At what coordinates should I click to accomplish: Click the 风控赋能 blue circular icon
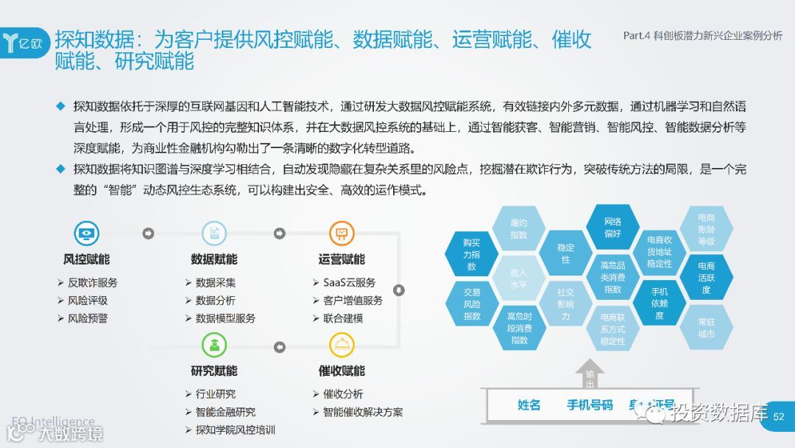click(x=86, y=234)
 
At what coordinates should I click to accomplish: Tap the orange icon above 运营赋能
click(x=341, y=234)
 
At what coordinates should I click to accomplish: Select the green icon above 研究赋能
click(x=213, y=345)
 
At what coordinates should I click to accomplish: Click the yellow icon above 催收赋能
click(x=341, y=345)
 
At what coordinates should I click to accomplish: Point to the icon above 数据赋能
click(x=213, y=234)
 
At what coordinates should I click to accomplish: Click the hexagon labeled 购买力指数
click(x=472, y=253)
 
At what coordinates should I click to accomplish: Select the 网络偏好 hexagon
click(x=612, y=227)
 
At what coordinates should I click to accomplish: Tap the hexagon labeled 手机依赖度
click(x=660, y=303)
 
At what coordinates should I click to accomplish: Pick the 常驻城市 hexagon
click(x=706, y=328)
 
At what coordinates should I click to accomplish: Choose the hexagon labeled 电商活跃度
click(x=706, y=278)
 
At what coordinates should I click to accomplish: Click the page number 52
click(x=779, y=417)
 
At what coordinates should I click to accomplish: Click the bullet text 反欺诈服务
click(x=92, y=282)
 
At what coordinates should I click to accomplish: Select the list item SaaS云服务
click(x=349, y=282)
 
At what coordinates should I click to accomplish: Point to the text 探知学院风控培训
click(x=236, y=430)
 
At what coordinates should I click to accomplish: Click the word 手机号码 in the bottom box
click(x=590, y=405)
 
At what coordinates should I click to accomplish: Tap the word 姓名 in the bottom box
click(x=529, y=405)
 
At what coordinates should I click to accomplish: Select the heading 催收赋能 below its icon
click(x=341, y=371)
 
